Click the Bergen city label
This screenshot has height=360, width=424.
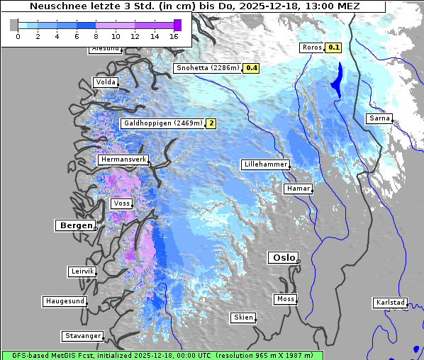click(x=74, y=225)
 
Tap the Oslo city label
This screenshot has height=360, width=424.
click(x=282, y=257)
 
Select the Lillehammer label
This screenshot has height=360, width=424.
click(x=265, y=164)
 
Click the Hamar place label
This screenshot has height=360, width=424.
click(x=297, y=189)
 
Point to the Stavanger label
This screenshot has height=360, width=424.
click(x=82, y=336)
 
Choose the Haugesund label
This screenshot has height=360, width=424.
click(x=65, y=301)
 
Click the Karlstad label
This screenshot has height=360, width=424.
click(x=390, y=303)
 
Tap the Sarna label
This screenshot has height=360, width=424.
click(x=379, y=118)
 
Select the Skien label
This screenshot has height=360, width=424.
click(x=242, y=317)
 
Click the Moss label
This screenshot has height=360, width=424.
click(x=285, y=299)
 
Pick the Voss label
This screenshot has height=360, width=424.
click(x=121, y=203)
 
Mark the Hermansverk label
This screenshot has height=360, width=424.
click(x=123, y=159)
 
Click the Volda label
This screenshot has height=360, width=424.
click(x=105, y=82)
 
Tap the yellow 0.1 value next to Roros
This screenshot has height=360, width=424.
click(x=333, y=47)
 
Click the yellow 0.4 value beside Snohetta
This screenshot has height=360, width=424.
click(x=251, y=68)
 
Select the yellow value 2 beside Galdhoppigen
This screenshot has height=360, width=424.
click(x=211, y=123)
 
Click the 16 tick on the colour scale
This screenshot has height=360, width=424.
click(x=174, y=36)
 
